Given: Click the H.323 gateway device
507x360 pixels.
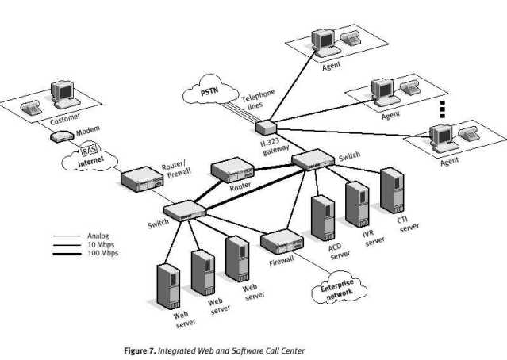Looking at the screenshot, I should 267,127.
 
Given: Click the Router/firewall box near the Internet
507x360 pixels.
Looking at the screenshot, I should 140,180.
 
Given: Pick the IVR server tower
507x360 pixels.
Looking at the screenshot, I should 357,204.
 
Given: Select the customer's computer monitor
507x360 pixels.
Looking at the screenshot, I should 60,93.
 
